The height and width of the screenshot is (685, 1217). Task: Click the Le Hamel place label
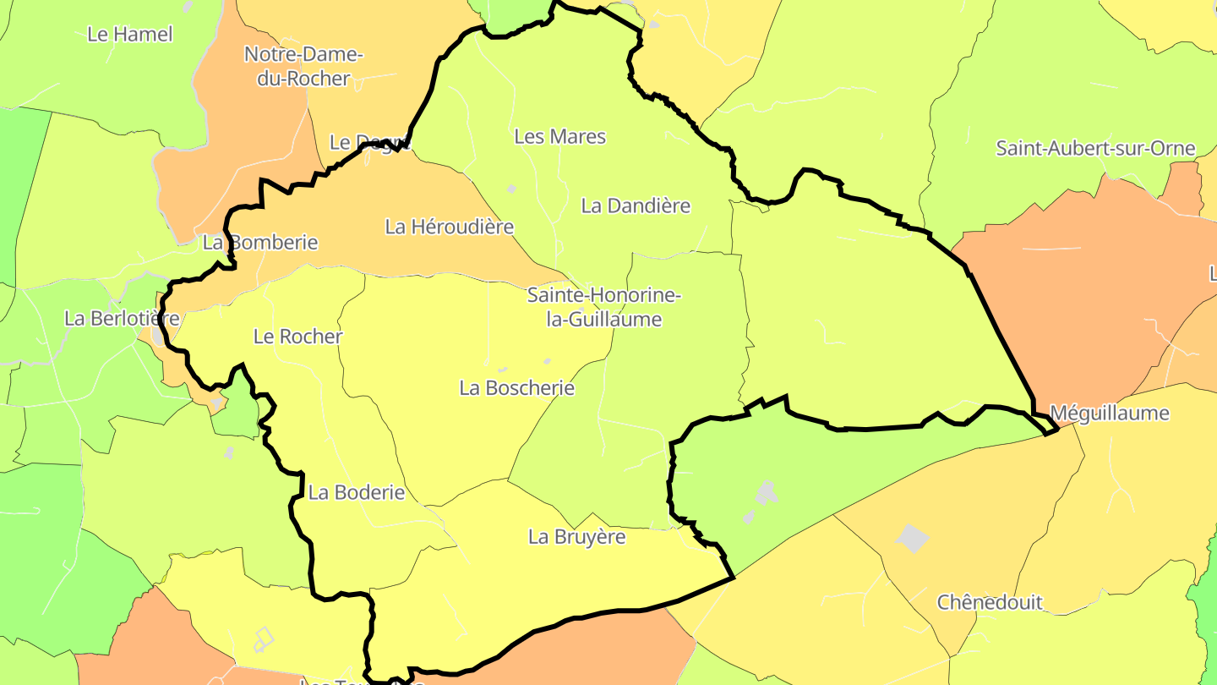tap(130, 35)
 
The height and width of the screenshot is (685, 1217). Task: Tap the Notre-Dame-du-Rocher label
tap(303, 66)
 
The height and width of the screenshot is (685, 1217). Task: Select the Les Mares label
tap(559, 136)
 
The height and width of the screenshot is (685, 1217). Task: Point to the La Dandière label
tap(636, 205)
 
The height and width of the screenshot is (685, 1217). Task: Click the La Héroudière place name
tap(449, 227)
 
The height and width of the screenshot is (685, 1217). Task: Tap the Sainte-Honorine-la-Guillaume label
tap(603, 307)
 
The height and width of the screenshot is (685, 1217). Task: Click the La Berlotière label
tap(122, 319)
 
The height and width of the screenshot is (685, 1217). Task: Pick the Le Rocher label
tap(297, 337)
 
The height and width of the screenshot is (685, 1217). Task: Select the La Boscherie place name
tap(516, 388)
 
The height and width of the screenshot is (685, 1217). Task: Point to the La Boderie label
tap(356, 492)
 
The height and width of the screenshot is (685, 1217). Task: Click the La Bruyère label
tap(576, 537)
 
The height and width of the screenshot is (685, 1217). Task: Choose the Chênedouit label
tap(990, 603)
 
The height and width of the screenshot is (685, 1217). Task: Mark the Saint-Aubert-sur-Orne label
tap(1095, 149)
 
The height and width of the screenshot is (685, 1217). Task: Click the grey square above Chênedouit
tap(913, 538)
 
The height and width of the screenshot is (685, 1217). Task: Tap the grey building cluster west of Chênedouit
tap(765, 494)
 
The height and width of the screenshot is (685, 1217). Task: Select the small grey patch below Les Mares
tap(511, 189)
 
